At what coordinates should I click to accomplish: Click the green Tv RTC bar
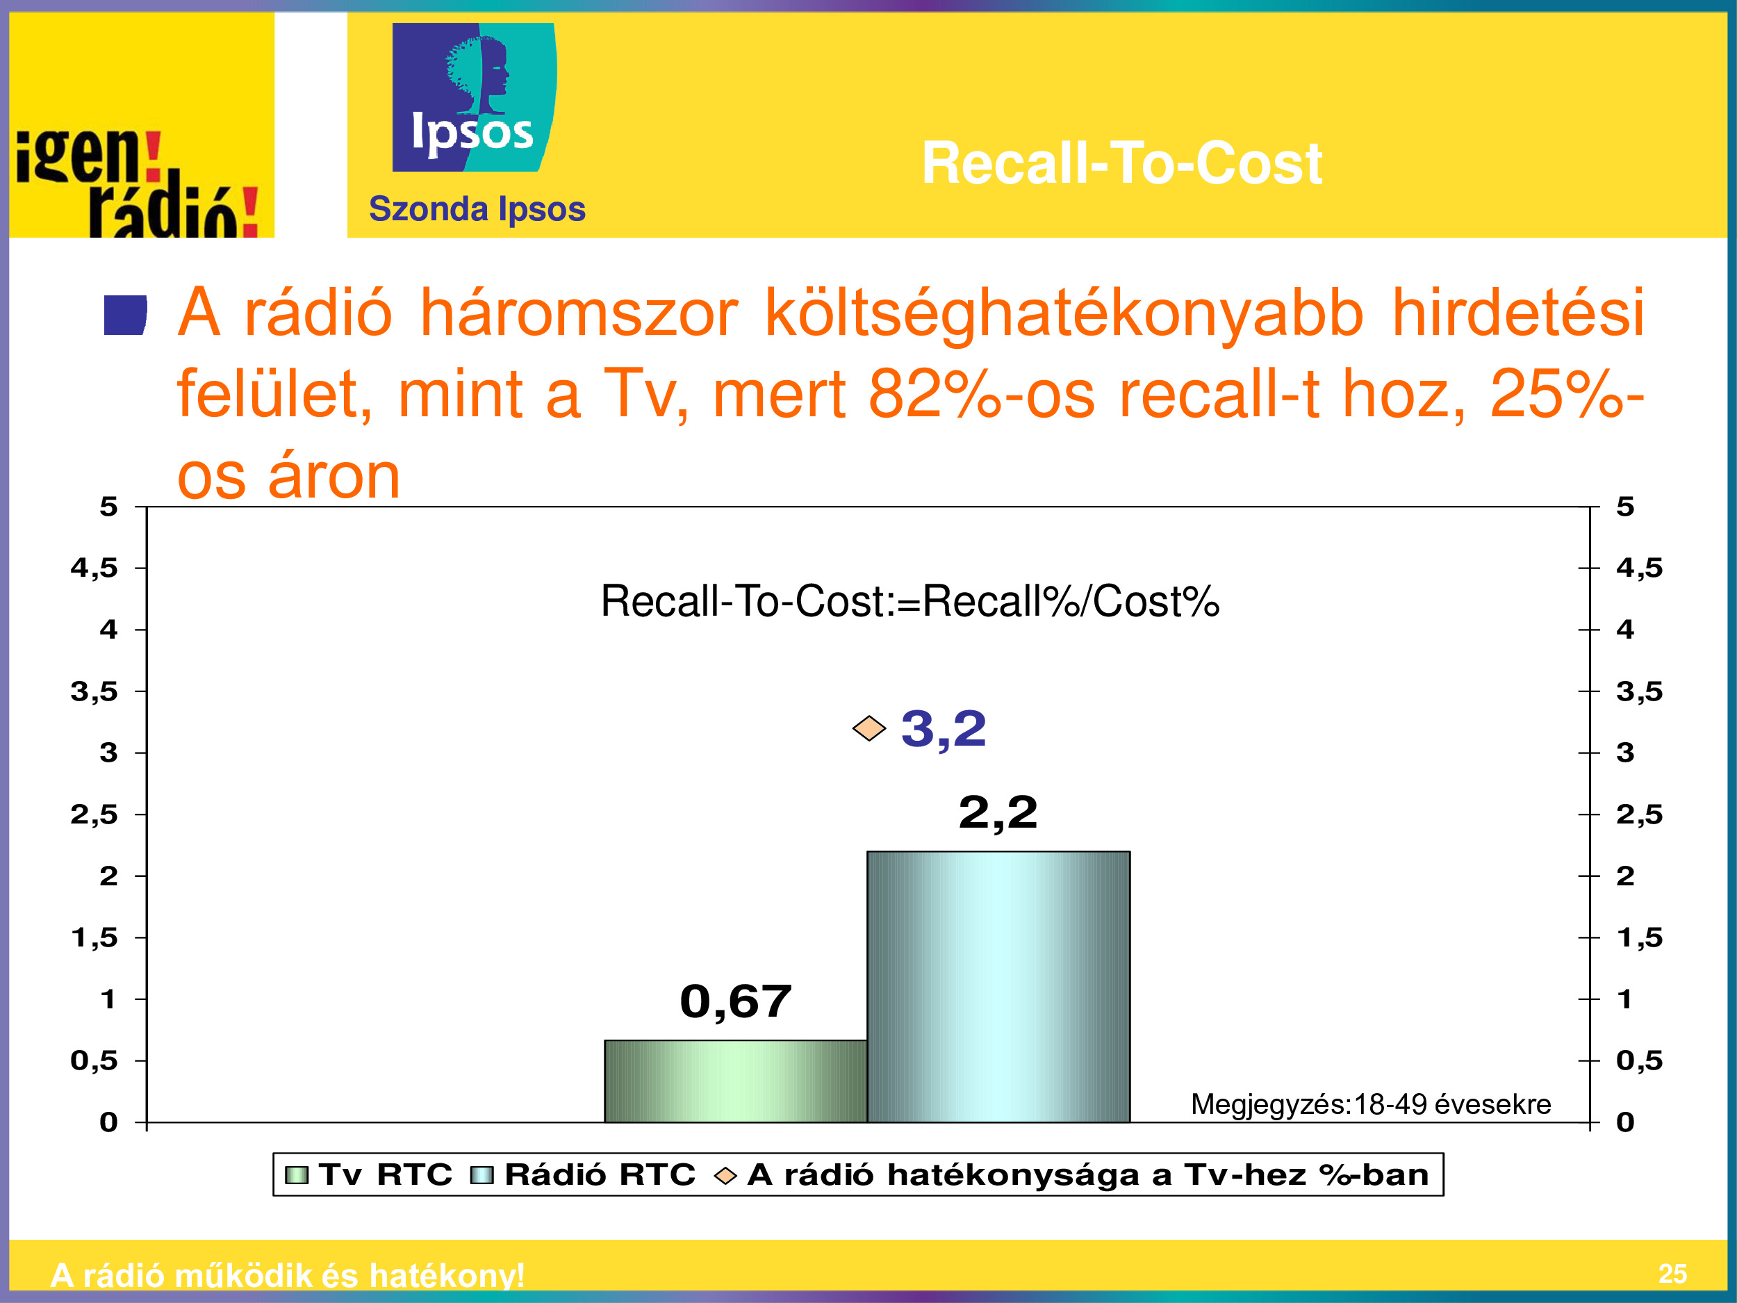coord(736,1081)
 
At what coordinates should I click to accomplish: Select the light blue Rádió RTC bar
coord(998,987)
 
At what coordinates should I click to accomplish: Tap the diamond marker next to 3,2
coord(869,729)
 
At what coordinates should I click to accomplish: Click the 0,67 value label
coord(736,1001)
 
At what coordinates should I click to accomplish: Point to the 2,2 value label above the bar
coord(998,812)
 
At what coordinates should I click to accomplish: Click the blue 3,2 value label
coord(944,729)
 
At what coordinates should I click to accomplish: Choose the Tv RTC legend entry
coord(368,1175)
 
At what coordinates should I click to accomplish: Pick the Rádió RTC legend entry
coord(583,1175)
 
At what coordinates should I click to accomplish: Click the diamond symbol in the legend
coord(725,1176)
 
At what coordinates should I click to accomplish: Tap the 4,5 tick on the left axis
coord(94,568)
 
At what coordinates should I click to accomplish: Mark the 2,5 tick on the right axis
coord(1640,814)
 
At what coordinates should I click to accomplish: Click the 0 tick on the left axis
coord(108,1122)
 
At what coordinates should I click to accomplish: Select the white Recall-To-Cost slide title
coord(1121,163)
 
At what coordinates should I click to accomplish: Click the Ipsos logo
coord(475,97)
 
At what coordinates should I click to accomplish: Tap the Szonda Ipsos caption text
coord(477,209)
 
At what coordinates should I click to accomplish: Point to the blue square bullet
coord(126,315)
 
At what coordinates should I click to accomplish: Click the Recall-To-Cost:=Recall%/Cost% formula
coord(910,602)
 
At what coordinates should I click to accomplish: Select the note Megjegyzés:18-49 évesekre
coord(1370,1104)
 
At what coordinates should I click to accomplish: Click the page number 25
coord(1672,1273)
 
